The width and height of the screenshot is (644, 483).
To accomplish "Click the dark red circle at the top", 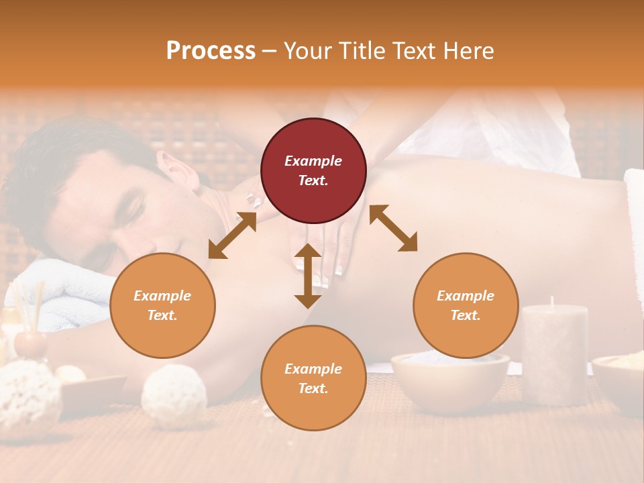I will (313, 170).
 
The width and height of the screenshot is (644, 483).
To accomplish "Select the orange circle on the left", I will (162, 305).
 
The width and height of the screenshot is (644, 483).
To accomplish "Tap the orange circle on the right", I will (466, 305).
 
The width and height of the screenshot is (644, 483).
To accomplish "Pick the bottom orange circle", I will (313, 378).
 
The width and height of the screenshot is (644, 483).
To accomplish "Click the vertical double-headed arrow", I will (308, 276).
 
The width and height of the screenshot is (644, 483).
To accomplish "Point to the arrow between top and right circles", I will (393, 229).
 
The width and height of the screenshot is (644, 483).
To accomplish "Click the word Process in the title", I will (211, 50).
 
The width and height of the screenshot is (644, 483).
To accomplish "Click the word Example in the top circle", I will (313, 161).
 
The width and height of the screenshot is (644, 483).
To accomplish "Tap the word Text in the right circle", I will (464, 315).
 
